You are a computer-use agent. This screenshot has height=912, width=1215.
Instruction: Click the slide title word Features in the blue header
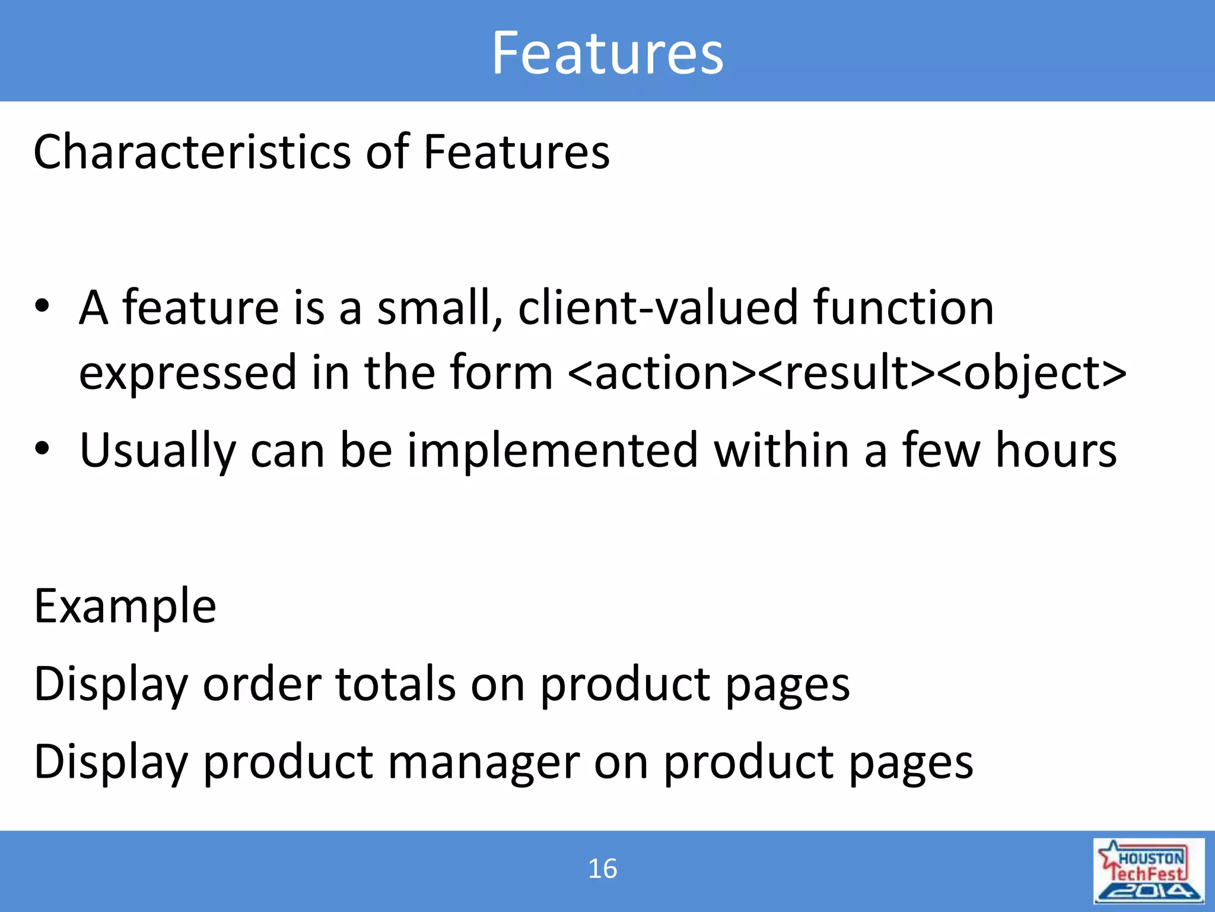(607, 53)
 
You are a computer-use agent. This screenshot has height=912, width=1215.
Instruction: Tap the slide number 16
(602, 869)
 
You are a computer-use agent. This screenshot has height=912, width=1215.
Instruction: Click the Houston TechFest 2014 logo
(1148, 870)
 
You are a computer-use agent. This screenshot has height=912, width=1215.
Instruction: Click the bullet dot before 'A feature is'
(42, 306)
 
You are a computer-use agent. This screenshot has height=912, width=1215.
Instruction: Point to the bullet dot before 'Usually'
(42, 449)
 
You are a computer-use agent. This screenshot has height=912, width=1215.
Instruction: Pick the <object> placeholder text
(1032, 373)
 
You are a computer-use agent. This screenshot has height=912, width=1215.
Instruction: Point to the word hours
(1056, 450)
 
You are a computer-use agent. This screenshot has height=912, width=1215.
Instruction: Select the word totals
(396, 684)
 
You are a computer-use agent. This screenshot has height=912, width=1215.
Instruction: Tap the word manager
(484, 762)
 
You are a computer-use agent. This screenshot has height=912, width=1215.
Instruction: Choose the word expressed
(187, 373)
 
